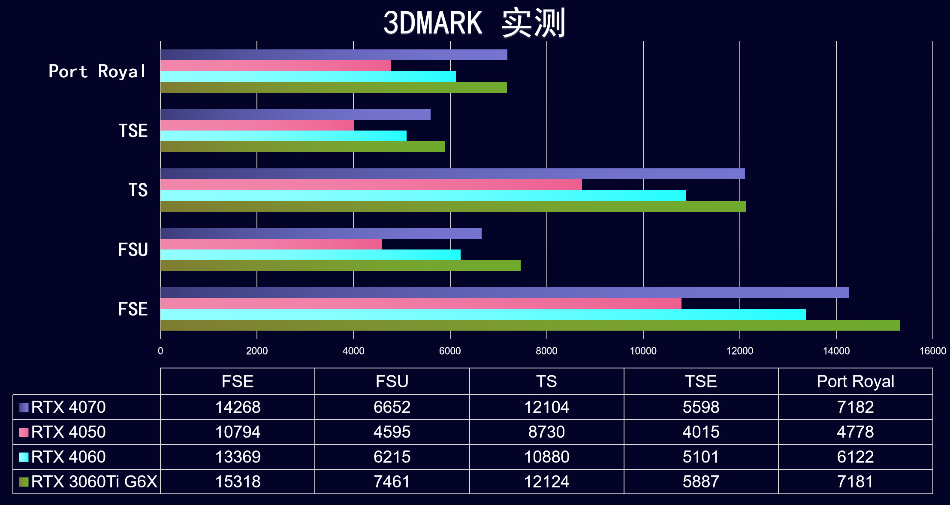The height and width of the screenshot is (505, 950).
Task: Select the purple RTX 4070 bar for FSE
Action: pyautogui.click(x=504, y=293)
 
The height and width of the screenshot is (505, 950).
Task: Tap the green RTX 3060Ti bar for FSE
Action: pyautogui.click(x=530, y=326)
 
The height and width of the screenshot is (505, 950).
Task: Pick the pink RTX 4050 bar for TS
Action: pyautogui.click(x=371, y=185)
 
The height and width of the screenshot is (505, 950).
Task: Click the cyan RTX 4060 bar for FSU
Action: pyautogui.click(x=310, y=255)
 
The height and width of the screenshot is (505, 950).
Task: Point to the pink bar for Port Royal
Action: pyautogui.click(x=275, y=66)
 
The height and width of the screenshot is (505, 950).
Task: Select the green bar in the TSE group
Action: pyautogui.click(x=302, y=147)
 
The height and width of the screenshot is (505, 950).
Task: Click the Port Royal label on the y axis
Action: pyautogui.click(x=97, y=71)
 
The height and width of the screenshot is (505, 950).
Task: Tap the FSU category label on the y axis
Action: pyautogui.click(x=133, y=249)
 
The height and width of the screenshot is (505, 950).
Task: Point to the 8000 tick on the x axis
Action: pyautogui.click(x=546, y=351)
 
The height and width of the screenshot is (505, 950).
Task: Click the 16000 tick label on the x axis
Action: pyautogui.click(x=932, y=351)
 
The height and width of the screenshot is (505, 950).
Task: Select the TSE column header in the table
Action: pyautogui.click(x=701, y=381)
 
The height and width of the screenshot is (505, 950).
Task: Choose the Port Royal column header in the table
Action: pyautogui.click(x=855, y=381)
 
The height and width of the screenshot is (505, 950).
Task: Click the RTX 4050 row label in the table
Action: pyautogui.click(x=68, y=432)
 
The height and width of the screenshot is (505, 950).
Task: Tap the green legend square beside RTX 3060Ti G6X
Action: pyautogui.click(x=24, y=482)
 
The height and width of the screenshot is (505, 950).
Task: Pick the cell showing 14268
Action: pyautogui.click(x=238, y=407)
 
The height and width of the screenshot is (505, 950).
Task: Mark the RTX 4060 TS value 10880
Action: pyautogui.click(x=546, y=457)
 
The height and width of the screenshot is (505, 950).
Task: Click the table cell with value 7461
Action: pyautogui.click(x=392, y=482)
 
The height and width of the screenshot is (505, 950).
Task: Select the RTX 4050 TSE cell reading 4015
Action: pyautogui.click(x=701, y=432)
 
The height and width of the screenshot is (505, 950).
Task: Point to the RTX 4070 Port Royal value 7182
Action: pyautogui.click(x=855, y=407)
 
